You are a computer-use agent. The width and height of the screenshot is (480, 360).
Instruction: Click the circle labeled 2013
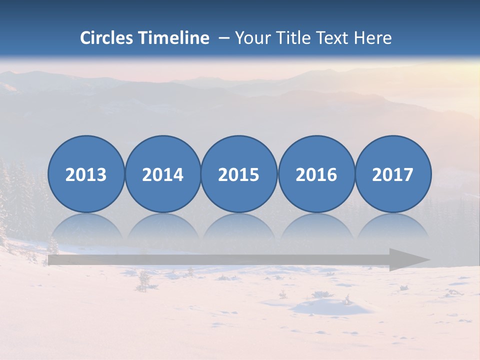click(86, 174)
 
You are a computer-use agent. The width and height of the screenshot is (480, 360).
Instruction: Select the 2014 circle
click(163, 174)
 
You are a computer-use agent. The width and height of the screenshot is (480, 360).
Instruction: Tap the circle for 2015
click(239, 174)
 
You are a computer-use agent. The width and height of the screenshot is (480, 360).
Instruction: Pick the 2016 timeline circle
click(316, 174)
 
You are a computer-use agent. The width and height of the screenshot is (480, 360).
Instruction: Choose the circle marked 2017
click(393, 174)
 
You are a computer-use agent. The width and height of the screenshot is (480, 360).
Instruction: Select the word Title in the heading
click(292, 38)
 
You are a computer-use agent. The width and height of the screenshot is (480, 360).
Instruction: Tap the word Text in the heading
click(332, 38)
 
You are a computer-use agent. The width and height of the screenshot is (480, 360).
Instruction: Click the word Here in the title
click(372, 38)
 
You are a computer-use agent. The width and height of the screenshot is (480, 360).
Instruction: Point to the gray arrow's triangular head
click(407, 260)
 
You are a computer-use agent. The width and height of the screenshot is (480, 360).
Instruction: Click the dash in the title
click(223, 38)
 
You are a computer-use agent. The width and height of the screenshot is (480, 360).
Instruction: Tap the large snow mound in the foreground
click(330, 306)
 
